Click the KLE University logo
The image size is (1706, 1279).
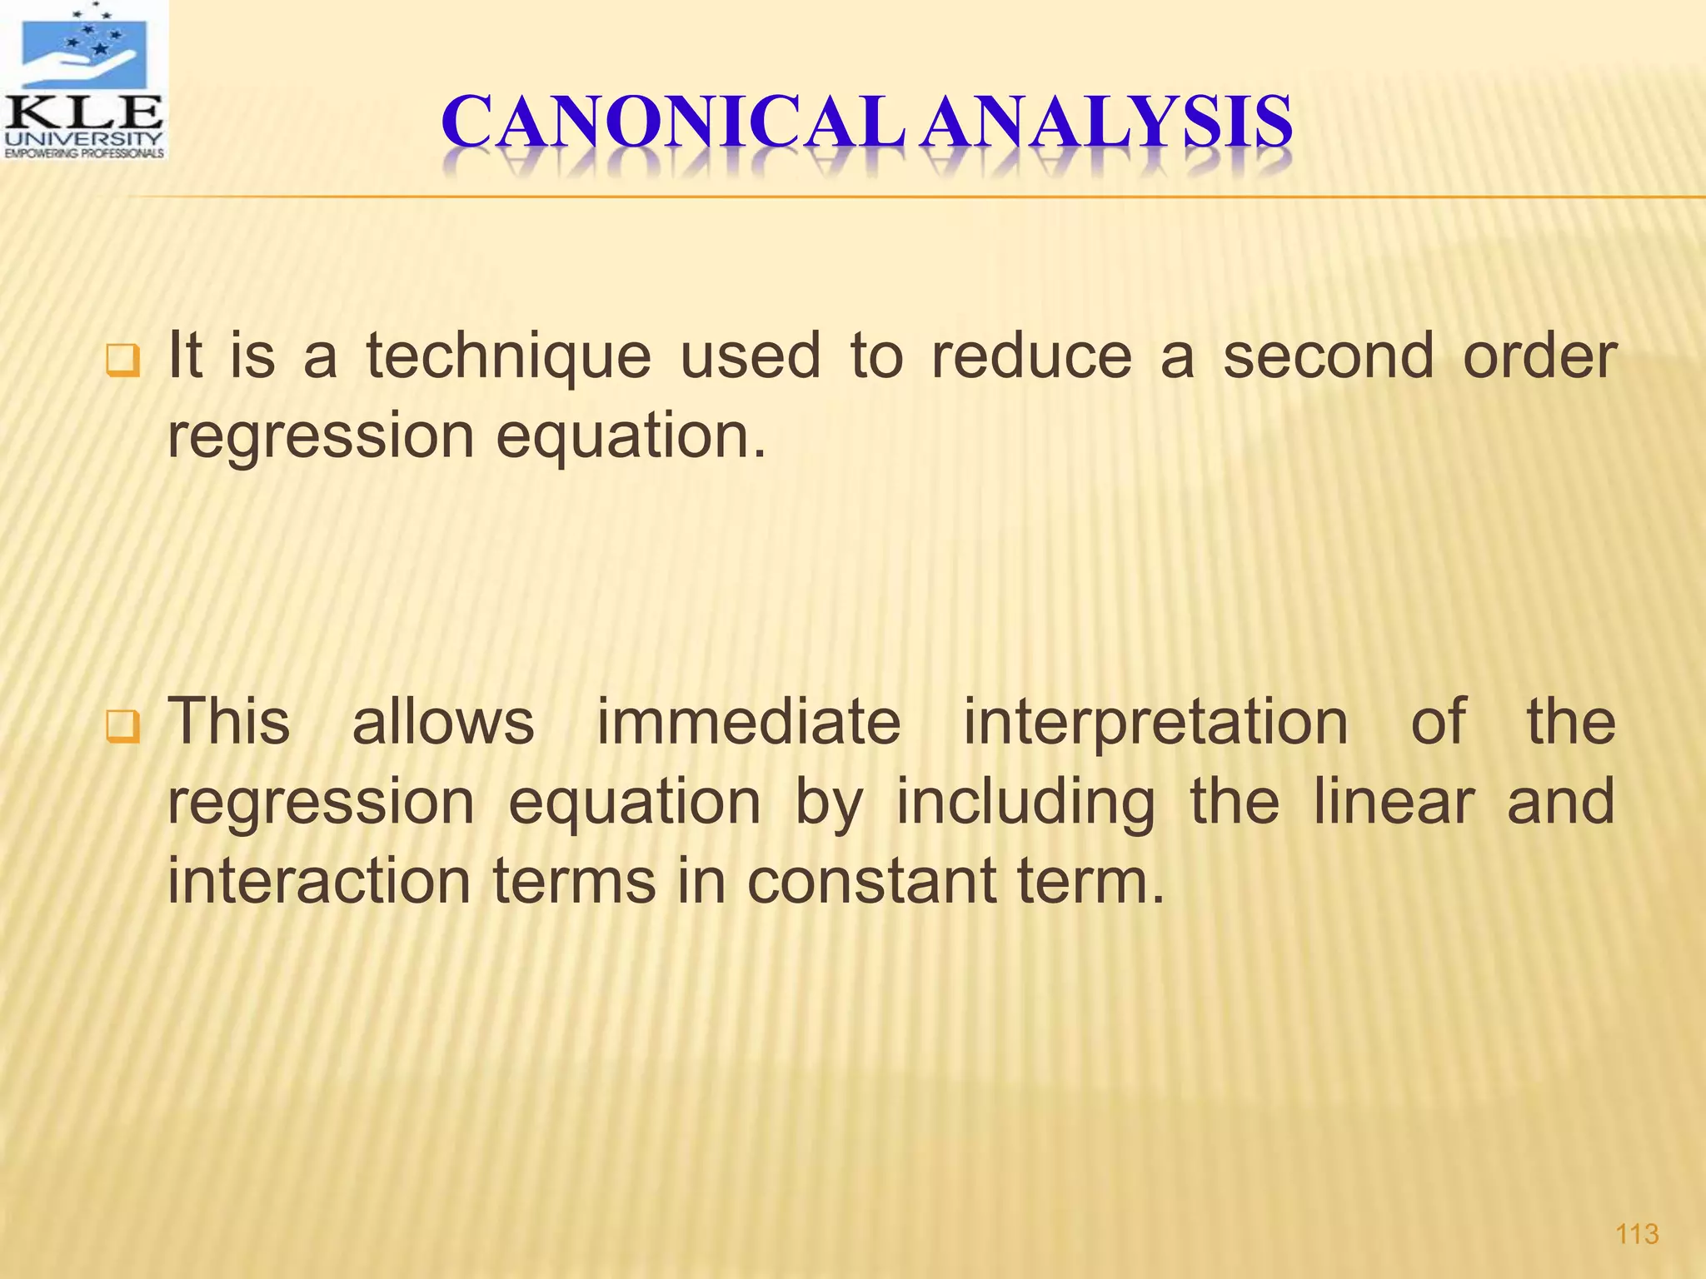[84, 81]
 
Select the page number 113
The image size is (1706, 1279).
[1637, 1233]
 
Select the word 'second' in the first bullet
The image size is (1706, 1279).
[1328, 356]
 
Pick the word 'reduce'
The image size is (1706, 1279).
[1031, 356]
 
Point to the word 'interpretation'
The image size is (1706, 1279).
[1155, 723]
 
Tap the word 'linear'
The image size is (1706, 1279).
[1394, 801]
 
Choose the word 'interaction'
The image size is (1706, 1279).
[319, 881]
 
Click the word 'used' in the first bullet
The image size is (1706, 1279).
[751, 356]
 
